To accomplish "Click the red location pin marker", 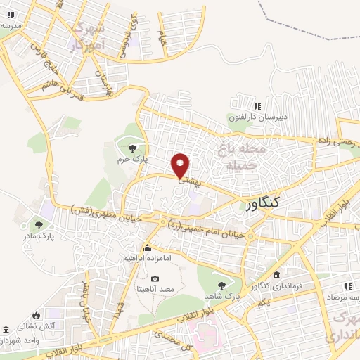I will pyautogui.click(x=181, y=165).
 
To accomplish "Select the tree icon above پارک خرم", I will pyautogui.click(x=132, y=148).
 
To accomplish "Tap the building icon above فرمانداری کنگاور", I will pyautogui.click(x=276, y=274).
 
